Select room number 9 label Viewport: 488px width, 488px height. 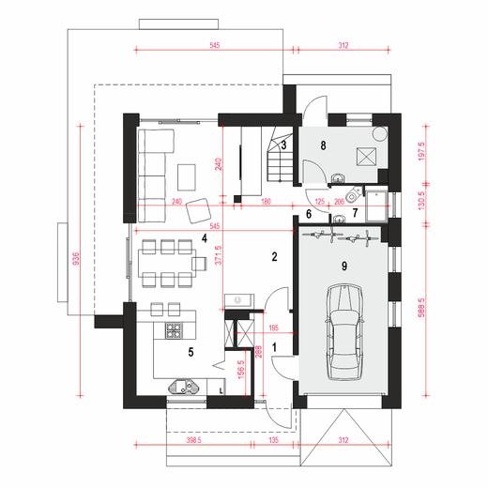pyautogui.click(x=345, y=267)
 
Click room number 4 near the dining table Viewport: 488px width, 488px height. pyautogui.click(x=203, y=238)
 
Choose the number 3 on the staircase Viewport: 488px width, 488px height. pyautogui.click(x=282, y=144)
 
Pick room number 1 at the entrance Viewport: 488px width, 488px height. pyautogui.click(x=275, y=347)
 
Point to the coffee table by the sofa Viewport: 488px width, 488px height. pyautogui.click(x=188, y=175)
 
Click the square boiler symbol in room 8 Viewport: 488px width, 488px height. pyautogui.click(x=367, y=158)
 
